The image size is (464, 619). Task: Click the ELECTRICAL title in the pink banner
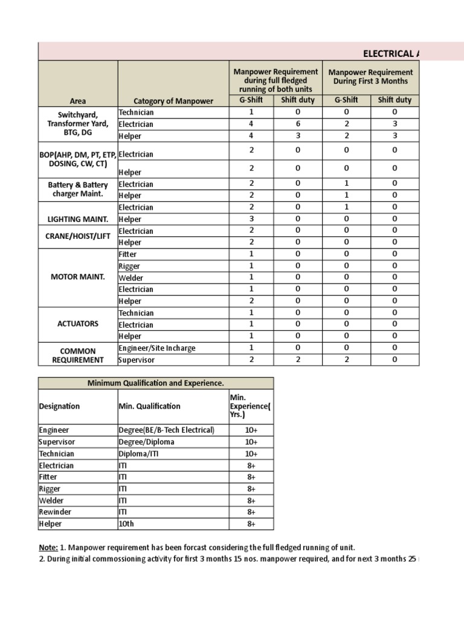(x=390, y=53)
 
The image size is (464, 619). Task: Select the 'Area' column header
(x=77, y=101)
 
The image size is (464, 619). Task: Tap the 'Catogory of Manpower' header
(x=173, y=101)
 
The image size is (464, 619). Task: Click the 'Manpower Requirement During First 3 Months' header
(x=370, y=77)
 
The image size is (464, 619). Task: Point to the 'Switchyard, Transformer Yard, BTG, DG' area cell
(x=77, y=124)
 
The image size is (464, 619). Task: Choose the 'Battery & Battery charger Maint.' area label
(x=77, y=190)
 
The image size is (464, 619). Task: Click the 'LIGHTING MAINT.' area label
(x=77, y=219)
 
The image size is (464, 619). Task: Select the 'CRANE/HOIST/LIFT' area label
(x=77, y=236)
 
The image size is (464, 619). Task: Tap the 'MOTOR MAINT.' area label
(x=77, y=277)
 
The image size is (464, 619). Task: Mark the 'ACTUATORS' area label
(x=77, y=324)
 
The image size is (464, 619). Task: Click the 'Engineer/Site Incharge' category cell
(x=157, y=348)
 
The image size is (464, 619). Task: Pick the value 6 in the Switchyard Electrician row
(x=298, y=124)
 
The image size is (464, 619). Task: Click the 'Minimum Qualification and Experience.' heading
(x=156, y=383)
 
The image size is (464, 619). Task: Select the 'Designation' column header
(x=59, y=406)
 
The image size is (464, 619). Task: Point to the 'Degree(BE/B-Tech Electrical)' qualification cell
(x=166, y=430)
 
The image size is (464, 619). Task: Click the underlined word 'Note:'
(x=48, y=548)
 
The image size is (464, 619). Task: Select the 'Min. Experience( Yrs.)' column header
(x=250, y=406)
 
